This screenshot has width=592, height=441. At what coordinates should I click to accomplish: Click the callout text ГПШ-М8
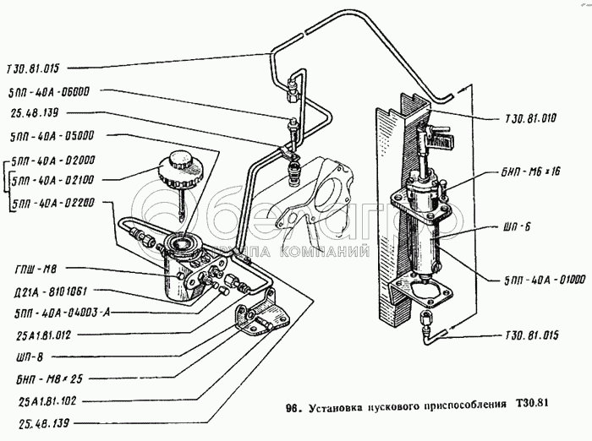(38, 272)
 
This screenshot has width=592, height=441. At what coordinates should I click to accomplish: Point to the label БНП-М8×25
(43, 378)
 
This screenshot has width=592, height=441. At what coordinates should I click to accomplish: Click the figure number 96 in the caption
(293, 411)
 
